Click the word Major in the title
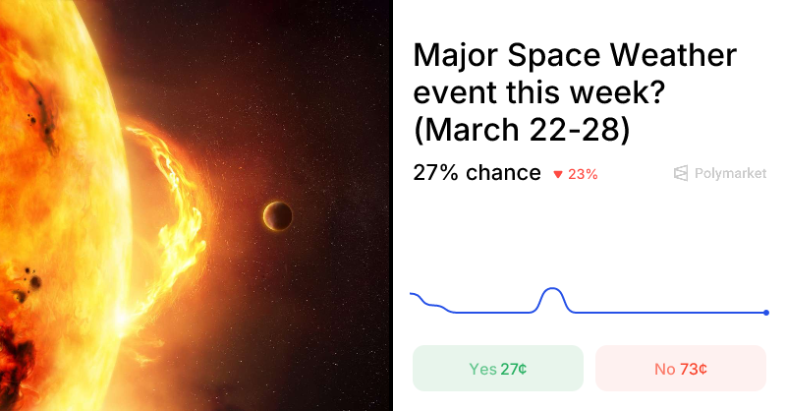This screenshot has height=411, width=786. tap(455, 56)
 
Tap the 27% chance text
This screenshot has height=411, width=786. tap(477, 173)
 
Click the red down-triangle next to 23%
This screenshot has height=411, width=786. tap(558, 175)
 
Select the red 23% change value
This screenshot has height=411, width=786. tap(583, 174)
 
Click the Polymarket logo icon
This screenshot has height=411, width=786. tap(681, 173)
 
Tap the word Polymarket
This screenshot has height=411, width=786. tap(730, 173)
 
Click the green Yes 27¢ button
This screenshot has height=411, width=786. tap(498, 369)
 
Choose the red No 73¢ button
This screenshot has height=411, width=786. tap(681, 369)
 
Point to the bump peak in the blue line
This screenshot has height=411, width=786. tap(552, 288)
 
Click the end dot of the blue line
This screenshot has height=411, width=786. tap(766, 313)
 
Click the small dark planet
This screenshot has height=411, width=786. tap(277, 214)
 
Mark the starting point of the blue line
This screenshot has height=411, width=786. tap(411, 293)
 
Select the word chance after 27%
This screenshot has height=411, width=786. tap(503, 173)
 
